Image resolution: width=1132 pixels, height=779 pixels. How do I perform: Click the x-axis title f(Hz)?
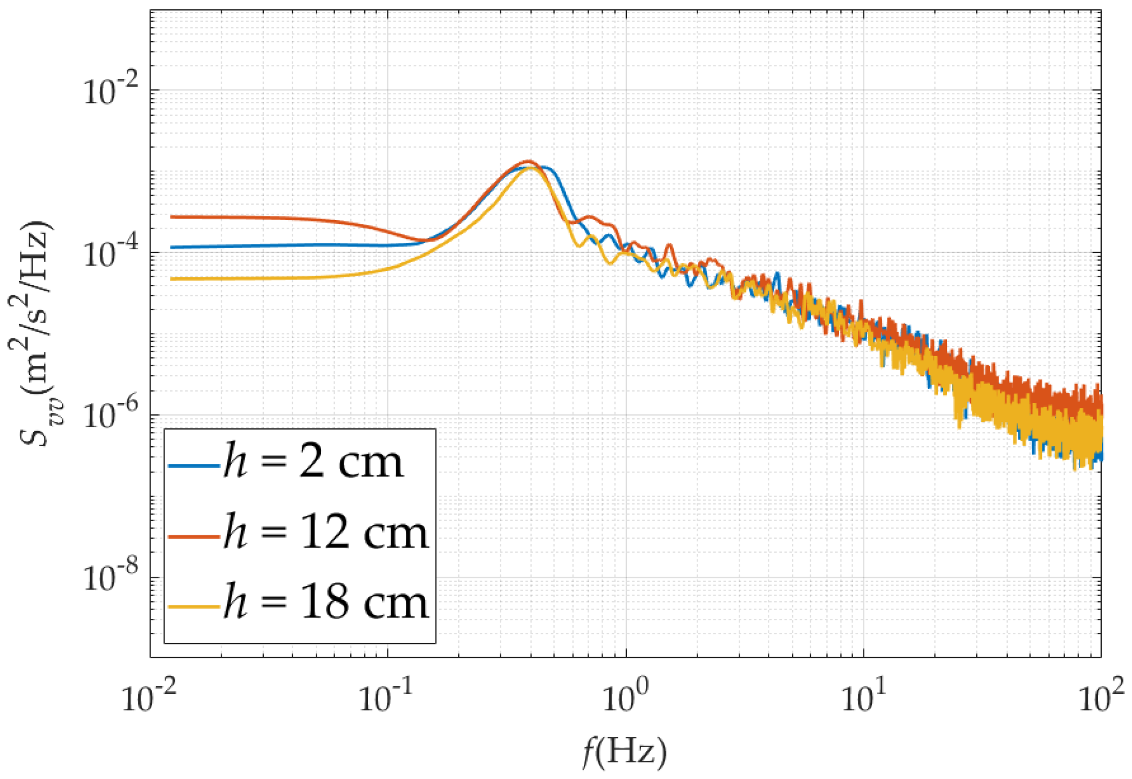point(625,752)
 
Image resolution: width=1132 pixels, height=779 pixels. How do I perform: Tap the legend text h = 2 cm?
point(313,462)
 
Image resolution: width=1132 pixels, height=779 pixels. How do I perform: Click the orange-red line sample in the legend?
point(194,536)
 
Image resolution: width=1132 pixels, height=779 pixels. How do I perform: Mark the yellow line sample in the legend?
point(194,606)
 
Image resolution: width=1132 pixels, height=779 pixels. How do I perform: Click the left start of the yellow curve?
point(172,279)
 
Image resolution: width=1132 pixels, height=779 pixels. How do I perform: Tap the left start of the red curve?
point(172,217)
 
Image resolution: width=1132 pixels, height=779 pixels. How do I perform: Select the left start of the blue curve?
point(172,248)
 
